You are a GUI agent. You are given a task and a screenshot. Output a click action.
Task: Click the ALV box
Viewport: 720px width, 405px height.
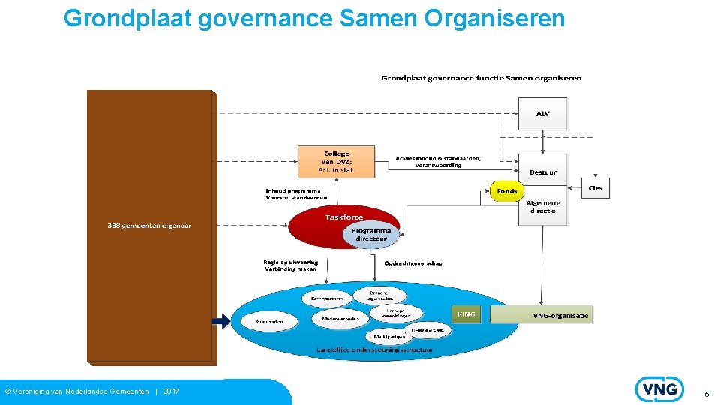click(x=542, y=113)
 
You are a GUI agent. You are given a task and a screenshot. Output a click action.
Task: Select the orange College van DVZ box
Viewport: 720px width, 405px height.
click(x=337, y=161)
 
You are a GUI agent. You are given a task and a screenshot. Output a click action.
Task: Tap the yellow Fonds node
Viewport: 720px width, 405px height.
click(x=507, y=191)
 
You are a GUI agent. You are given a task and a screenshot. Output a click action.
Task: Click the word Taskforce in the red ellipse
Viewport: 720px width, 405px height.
click(x=344, y=217)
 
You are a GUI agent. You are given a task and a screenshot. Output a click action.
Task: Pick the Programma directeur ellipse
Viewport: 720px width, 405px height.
click(x=371, y=234)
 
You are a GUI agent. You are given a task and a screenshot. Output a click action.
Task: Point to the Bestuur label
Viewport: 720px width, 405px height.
click(x=542, y=172)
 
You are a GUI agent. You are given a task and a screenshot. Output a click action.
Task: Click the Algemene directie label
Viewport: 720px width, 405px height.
click(x=542, y=206)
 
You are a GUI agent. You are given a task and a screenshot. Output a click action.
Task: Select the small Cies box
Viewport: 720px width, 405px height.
click(x=595, y=188)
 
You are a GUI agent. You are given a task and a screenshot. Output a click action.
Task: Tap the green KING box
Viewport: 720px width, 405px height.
click(x=466, y=313)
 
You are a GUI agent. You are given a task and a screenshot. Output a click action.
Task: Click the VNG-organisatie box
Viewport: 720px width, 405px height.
click(x=559, y=315)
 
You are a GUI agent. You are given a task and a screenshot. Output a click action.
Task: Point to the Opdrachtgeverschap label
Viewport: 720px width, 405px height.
click(x=412, y=263)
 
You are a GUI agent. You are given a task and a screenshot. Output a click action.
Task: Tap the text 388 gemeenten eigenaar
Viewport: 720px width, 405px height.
click(x=149, y=226)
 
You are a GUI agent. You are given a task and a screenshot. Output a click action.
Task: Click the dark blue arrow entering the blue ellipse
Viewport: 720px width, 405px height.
click(x=220, y=321)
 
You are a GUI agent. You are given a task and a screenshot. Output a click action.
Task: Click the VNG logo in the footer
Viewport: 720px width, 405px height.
click(x=659, y=389)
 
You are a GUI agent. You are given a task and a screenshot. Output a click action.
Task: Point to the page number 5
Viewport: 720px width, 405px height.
click(x=706, y=394)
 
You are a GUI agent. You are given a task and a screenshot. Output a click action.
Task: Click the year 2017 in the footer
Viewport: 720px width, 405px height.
click(x=171, y=391)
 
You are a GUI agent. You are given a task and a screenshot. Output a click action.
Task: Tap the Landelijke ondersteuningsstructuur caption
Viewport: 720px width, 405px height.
click(x=374, y=349)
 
